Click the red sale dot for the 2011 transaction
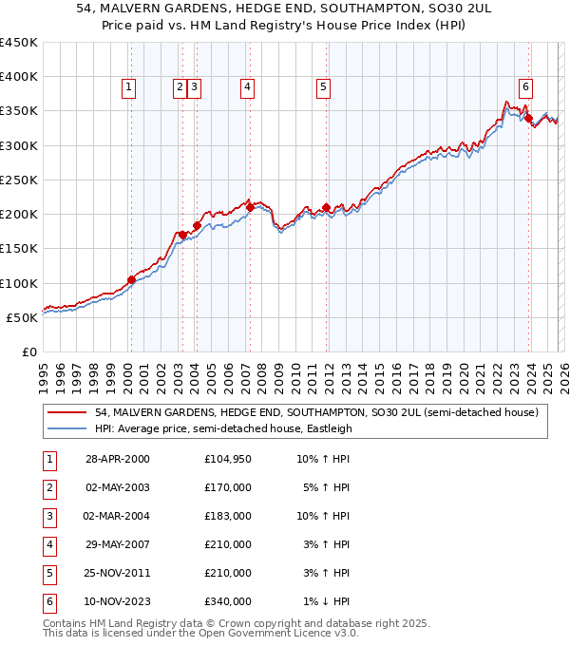326,207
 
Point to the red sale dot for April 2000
131,279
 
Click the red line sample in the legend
67,412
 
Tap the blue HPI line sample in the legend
67,428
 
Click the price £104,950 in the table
227,459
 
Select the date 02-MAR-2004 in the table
117,516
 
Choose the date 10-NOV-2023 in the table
117,601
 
